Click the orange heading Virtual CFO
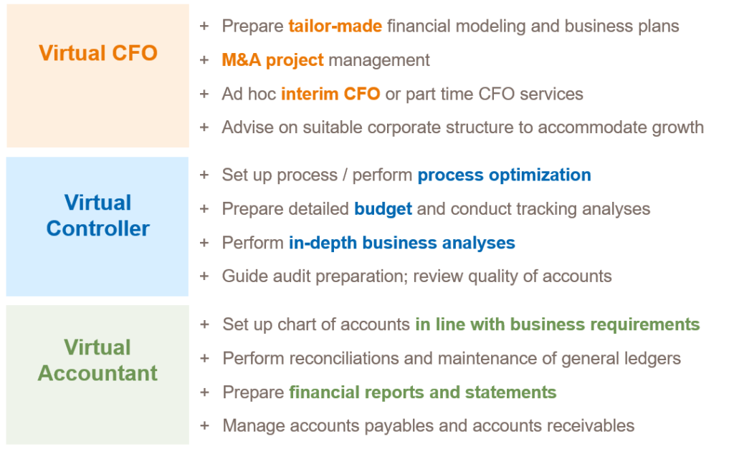pos(97,53)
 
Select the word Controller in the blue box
pos(97,228)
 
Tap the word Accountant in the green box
pos(97,373)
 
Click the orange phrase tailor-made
pos(335,26)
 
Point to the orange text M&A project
pos(272,60)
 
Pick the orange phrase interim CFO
pos(330,94)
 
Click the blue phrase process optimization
pos(504,175)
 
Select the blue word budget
pos(383,209)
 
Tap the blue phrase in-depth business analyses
pos(401,243)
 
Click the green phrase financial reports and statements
pos(423,392)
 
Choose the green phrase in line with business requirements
pos(558,324)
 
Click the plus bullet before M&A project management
pos(204,60)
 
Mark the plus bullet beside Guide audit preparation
pos(204,276)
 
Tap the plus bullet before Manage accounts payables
pos(204,426)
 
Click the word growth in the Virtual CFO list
pos(678,127)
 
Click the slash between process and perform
pos(345,175)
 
